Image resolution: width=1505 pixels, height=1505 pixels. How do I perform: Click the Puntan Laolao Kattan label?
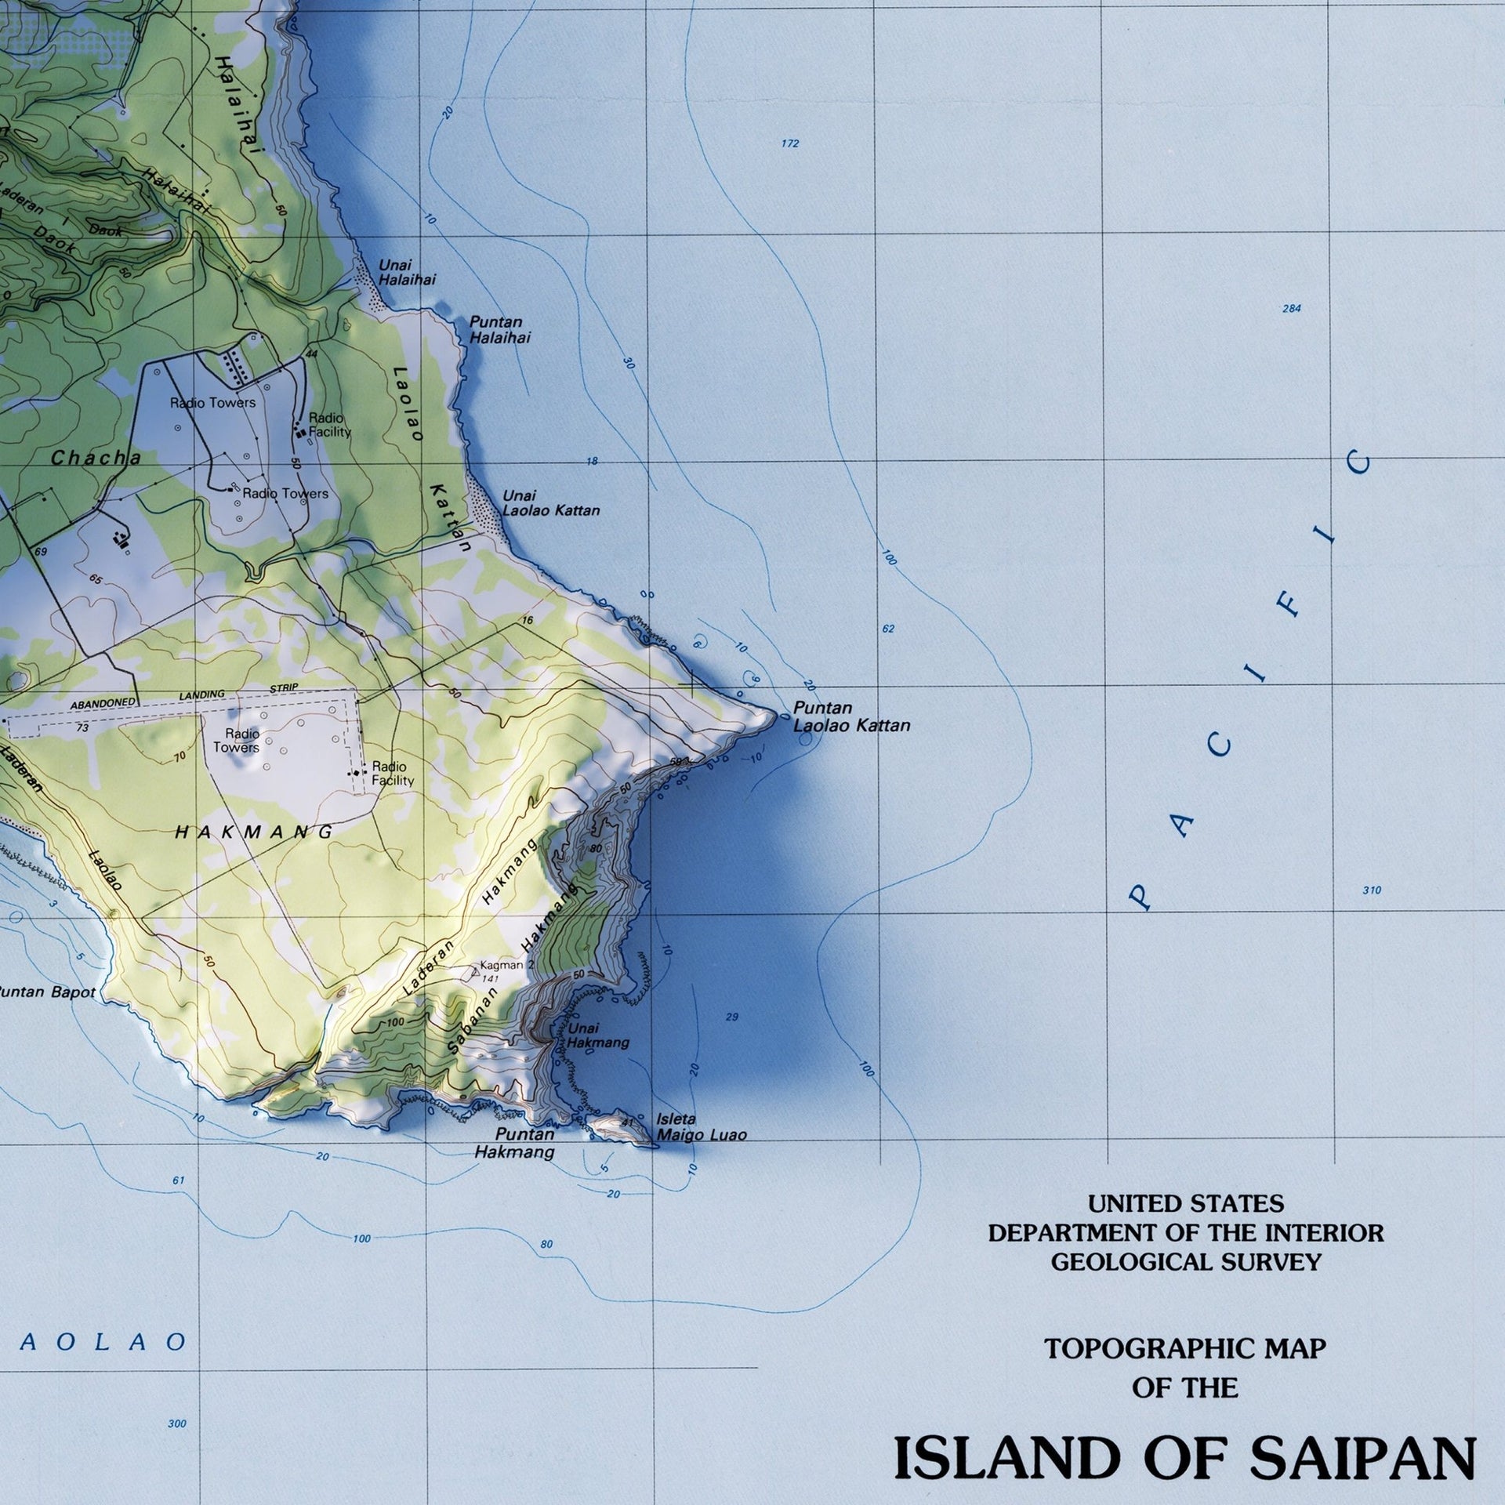click(851, 716)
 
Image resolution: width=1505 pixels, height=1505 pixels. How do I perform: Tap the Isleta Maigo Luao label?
click(701, 1127)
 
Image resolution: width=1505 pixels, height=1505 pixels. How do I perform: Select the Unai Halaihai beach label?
click(407, 272)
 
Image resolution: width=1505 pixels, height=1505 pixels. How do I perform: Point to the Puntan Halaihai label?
click(499, 330)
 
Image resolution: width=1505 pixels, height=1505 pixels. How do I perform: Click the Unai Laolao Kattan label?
click(550, 503)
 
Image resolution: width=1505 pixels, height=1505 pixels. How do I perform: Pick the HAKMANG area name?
click(254, 832)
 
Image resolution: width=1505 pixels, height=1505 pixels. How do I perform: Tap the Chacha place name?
click(96, 458)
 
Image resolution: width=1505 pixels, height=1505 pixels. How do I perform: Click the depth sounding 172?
click(790, 143)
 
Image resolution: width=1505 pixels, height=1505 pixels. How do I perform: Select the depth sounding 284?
click(1291, 309)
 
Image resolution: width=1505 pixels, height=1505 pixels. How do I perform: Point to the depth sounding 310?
click(1371, 890)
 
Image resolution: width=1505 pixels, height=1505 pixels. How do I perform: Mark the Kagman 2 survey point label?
click(506, 966)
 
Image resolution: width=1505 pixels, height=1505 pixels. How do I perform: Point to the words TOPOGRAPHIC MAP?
click(1184, 1349)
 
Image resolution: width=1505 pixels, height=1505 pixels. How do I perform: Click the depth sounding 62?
click(887, 629)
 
